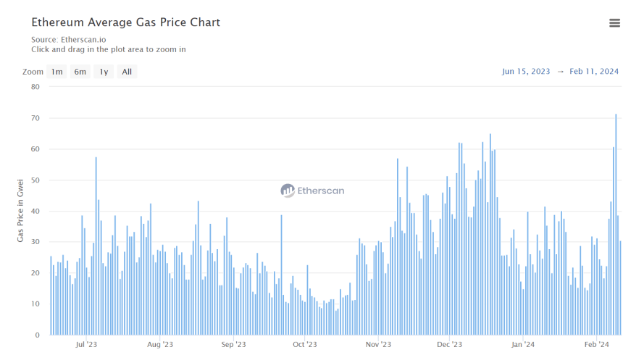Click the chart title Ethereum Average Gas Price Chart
(x=125, y=22)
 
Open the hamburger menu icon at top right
(x=614, y=23)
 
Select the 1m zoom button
(x=57, y=72)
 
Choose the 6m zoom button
(x=80, y=72)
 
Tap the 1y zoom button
(x=104, y=72)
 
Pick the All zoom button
(x=127, y=72)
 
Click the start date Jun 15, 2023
(x=526, y=72)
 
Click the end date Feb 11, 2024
(x=594, y=72)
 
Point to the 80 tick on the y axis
(x=35, y=87)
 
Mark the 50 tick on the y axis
(x=35, y=180)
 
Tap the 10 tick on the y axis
(x=35, y=304)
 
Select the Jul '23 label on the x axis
(x=86, y=345)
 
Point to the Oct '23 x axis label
(x=305, y=345)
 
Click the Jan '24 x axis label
(x=523, y=345)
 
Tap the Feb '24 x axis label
(x=596, y=345)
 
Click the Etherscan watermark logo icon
(x=288, y=191)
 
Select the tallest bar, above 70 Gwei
(x=616, y=225)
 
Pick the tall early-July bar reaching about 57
(x=96, y=246)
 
